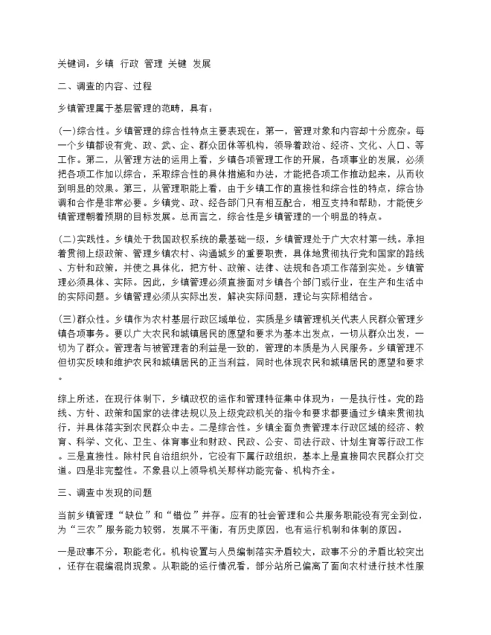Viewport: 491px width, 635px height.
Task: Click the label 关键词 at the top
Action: (73, 63)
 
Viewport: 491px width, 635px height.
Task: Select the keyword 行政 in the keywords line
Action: (130, 63)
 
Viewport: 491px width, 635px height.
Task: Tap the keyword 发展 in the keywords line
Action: (202, 63)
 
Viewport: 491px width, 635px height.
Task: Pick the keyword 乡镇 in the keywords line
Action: (105, 63)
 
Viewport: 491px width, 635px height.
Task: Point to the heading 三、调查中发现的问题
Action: (105, 490)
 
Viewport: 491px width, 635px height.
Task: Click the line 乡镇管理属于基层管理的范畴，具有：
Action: (136, 108)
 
